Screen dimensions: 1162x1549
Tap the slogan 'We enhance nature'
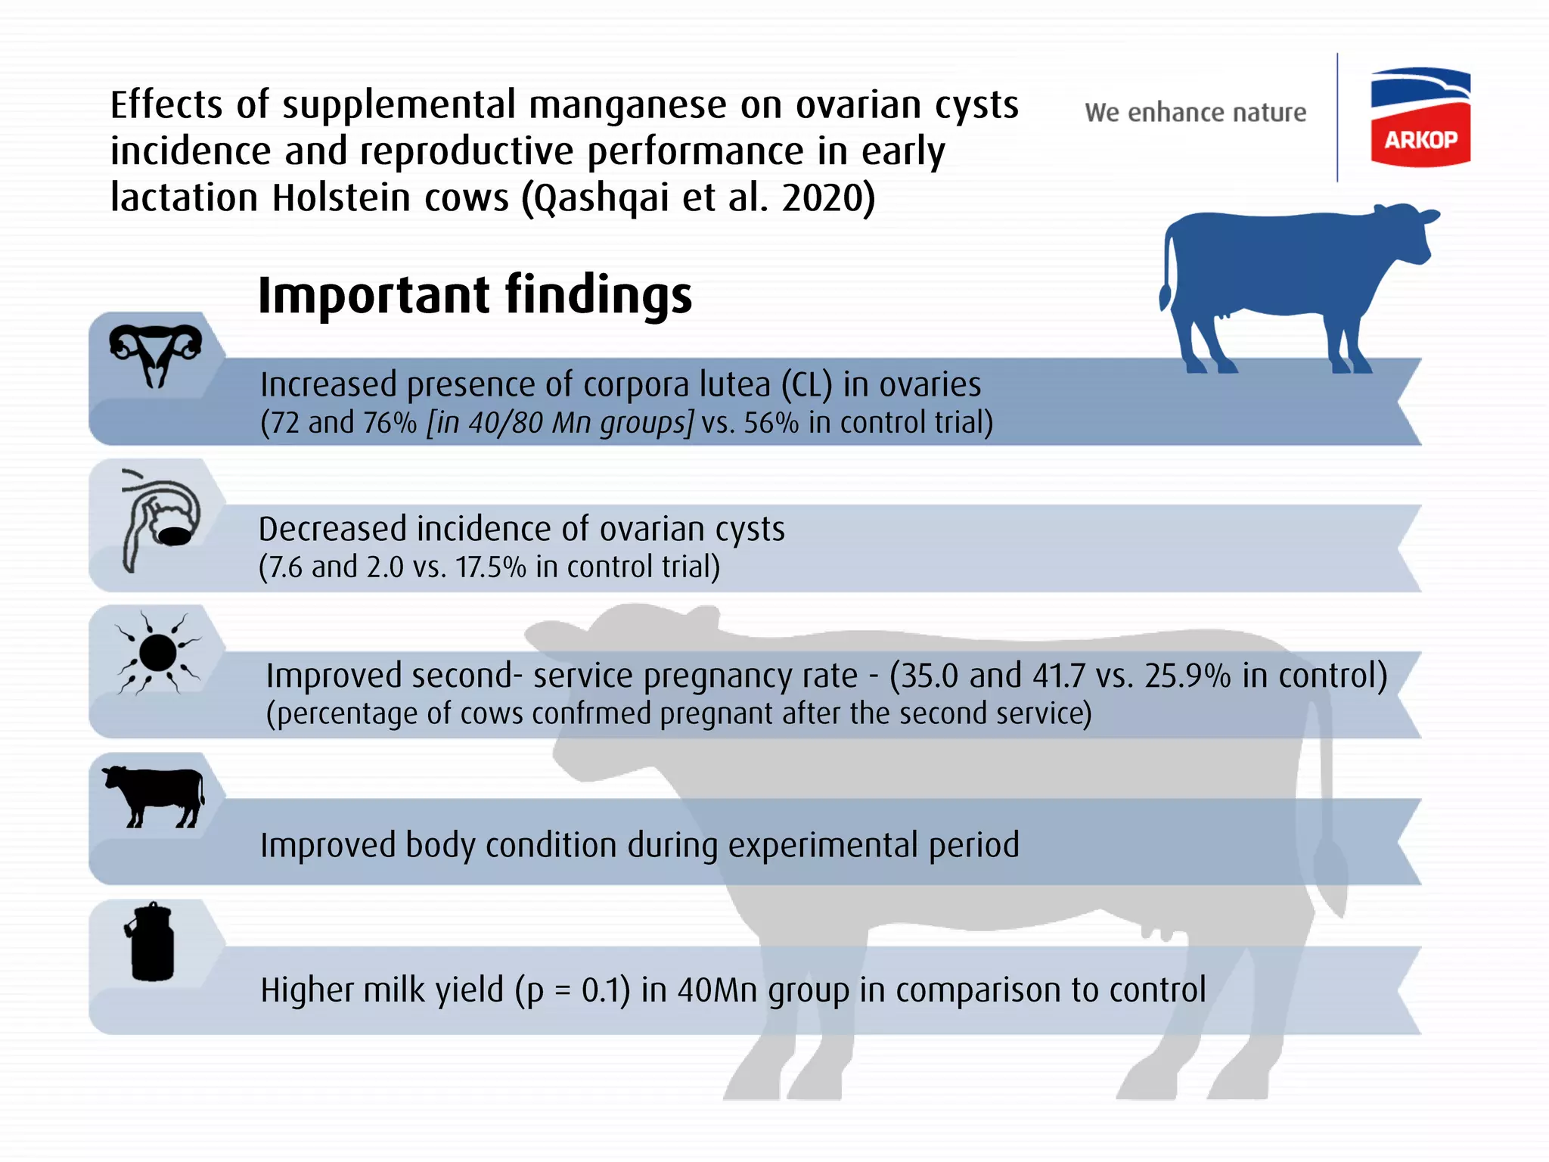tap(1195, 113)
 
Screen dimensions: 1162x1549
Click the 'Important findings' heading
tap(474, 294)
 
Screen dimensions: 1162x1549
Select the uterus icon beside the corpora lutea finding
tap(156, 355)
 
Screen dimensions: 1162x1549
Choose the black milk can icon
tap(151, 942)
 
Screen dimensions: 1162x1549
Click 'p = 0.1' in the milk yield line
tap(572, 990)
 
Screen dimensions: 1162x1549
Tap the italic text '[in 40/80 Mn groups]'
tap(559, 423)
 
